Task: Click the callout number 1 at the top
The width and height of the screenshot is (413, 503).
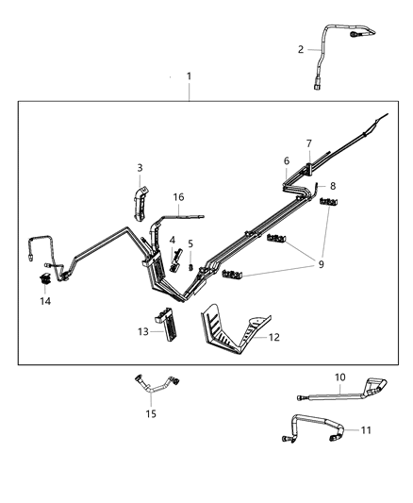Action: pos(189,75)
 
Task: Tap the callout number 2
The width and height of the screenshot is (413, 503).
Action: pos(301,49)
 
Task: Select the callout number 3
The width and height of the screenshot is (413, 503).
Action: pos(140,168)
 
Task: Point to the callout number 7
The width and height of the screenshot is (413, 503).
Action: pos(307,143)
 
